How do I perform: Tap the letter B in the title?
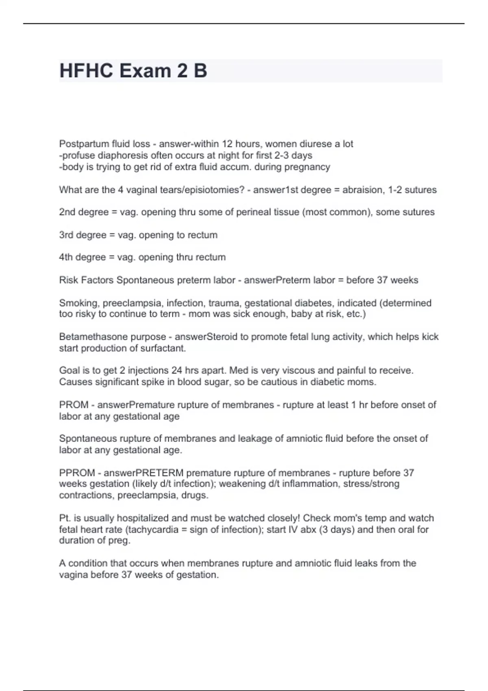click(200, 71)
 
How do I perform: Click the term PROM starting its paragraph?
click(74, 405)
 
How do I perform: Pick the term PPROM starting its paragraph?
click(77, 473)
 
